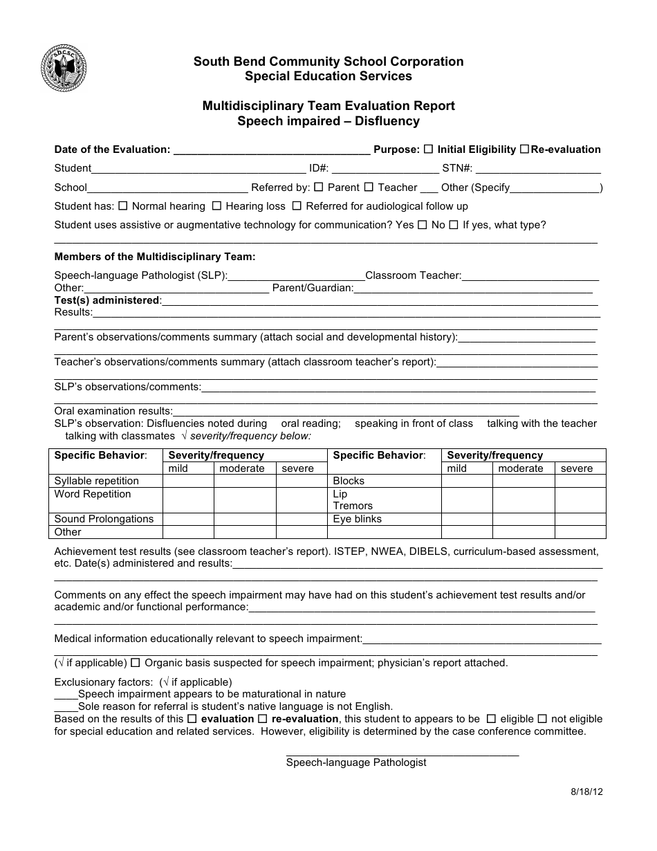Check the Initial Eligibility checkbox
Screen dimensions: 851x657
coord(429,149)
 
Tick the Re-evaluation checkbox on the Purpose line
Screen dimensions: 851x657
coord(524,149)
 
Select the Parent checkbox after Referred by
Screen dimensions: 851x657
coord(319,187)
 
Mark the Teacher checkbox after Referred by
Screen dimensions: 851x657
coord(369,187)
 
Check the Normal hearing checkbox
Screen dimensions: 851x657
coord(123,205)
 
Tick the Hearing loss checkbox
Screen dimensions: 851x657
coord(216,205)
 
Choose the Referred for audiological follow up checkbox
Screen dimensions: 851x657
coord(297,205)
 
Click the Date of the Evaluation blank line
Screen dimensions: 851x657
coord(271,150)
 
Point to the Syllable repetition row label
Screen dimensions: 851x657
coord(97,481)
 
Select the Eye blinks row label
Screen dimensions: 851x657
coord(357,519)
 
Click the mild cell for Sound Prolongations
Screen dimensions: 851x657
coord(188,519)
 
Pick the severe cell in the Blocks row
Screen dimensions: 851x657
coord(580,481)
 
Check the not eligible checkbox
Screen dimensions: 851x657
coord(542,719)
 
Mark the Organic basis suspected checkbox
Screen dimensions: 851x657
coord(136,663)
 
